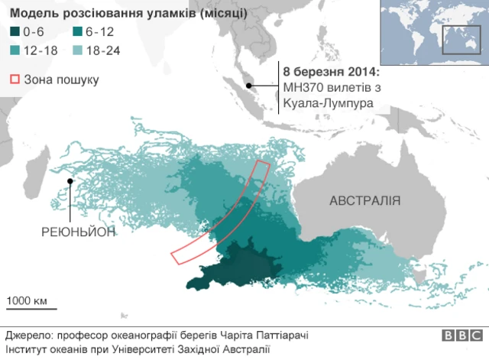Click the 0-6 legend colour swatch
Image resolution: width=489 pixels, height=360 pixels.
point(14,31)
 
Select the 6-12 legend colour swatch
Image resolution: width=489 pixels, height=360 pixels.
point(76,31)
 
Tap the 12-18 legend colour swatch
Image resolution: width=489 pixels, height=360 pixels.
point(14,50)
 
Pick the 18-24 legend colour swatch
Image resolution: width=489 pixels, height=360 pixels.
point(76,50)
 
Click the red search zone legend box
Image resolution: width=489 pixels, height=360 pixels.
point(14,79)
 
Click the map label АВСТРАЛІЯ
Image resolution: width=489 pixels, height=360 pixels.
point(364,201)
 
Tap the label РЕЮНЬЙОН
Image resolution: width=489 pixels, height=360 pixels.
point(79,232)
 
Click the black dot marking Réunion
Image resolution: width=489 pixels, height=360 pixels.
point(70,181)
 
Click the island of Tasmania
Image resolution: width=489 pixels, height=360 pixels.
point(417,272)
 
